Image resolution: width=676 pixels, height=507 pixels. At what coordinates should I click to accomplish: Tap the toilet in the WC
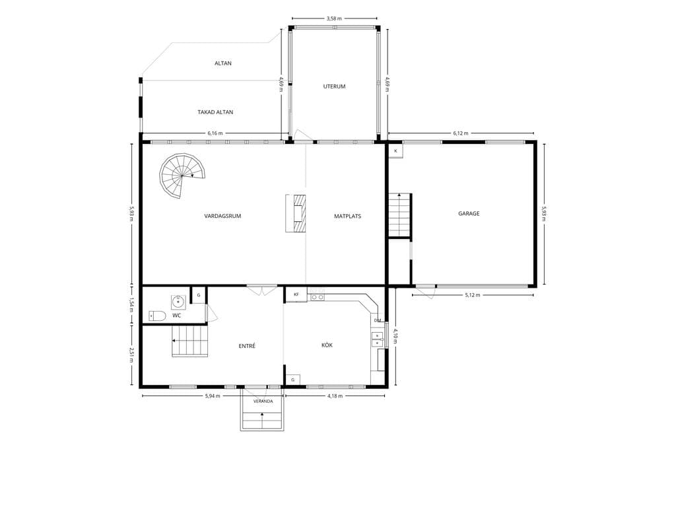click(x=157, y=316)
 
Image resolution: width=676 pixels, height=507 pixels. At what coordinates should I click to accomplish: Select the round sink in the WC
click(x=178, y=302)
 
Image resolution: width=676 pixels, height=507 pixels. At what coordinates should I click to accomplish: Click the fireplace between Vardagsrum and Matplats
click(x=296, y=213)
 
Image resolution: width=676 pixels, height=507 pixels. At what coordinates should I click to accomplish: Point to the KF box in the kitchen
click(x=296, y=294)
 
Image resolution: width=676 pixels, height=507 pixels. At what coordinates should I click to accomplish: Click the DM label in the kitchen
click(x=378, y=320)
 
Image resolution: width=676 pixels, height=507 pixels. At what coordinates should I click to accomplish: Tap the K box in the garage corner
click(x=396, y=151)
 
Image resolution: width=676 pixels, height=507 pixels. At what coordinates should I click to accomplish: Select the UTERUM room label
click(x=334, y=86)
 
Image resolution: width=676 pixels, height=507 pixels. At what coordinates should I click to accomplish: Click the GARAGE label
click(x=469, y=213)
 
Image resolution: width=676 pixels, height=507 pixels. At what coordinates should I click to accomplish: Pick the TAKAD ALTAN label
click(x=215, y=112)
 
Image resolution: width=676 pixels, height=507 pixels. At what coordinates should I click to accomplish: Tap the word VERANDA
click(x=263, y=401)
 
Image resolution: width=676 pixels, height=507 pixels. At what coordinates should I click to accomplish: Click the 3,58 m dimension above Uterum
click(x=334, y=18)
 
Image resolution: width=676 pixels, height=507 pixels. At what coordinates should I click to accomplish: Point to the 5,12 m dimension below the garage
click(x=473, y=295)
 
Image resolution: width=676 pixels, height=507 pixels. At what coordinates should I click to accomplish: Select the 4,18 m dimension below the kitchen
click(x=335, y=396)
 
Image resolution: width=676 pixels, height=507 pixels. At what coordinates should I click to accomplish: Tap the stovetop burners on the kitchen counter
click(x=318, y=297)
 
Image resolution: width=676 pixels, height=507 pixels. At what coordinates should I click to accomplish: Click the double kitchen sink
click(x=377, y=339)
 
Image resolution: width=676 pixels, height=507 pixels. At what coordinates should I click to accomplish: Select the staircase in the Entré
click(x=190, y=341)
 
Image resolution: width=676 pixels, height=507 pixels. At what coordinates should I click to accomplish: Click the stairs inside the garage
click(x=400, y=215)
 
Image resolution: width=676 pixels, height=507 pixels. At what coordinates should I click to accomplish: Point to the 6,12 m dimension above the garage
click(x=460, y=133)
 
